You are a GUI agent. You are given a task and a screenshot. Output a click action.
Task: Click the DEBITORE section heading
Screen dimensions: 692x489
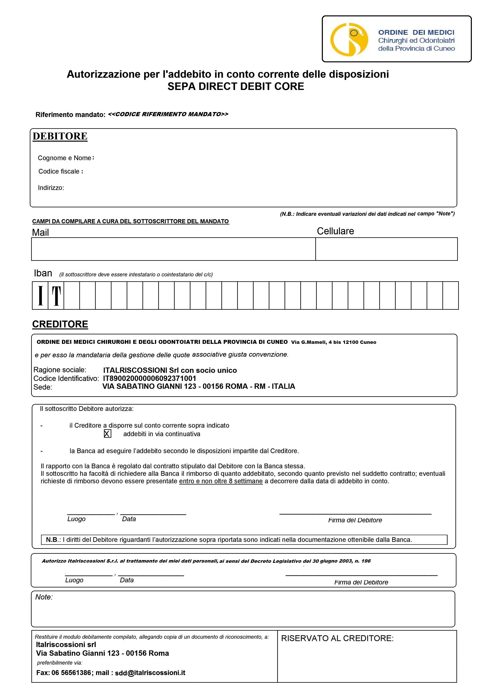click(60, 136)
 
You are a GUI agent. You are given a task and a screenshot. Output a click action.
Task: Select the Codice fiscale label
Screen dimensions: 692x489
click(60, 171)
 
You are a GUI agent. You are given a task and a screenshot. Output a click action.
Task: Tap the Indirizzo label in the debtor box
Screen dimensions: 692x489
click(51, 188)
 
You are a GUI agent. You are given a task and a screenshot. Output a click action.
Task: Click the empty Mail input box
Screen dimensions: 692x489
click(173, 249)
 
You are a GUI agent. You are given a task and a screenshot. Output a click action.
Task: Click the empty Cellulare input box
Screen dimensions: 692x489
click(386, 249)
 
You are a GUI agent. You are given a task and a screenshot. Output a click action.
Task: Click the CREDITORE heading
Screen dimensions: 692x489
click(60, 324)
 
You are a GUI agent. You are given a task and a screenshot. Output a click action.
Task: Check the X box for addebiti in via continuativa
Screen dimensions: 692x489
click(107, 434)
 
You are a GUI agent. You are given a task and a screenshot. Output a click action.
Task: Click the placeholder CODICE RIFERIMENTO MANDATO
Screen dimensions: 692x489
click(168, 114)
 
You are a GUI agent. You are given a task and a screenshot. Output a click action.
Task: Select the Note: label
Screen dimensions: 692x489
click(44, 597)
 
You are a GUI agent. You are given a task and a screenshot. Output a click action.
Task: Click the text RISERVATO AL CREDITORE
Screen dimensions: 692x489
click(337, 638)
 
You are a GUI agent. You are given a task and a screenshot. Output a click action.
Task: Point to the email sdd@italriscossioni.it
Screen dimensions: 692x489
click(150, 673)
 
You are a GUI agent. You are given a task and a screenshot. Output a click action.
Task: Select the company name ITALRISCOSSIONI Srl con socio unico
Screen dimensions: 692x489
click(170, 370)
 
